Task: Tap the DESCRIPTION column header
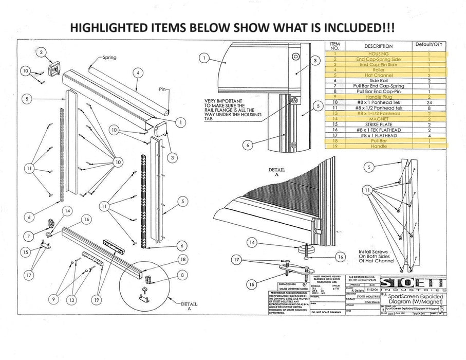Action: pos(378,47)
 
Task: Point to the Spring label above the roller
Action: pos(109,58)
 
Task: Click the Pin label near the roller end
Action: pos(163,89)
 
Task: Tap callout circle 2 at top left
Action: pos(43,52)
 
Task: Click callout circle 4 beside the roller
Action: pos(137,73)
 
